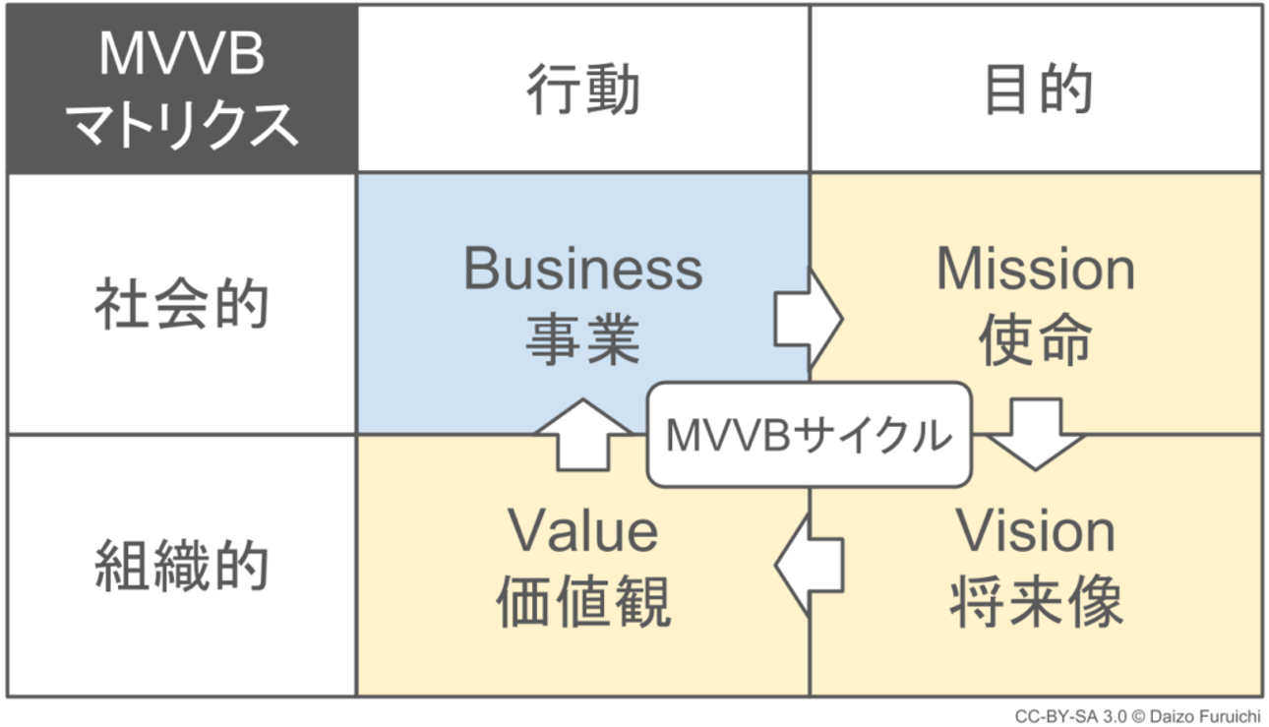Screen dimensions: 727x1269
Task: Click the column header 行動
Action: [583, 91]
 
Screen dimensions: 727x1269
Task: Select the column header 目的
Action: [1037, 91]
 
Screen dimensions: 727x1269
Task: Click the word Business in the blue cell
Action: [583, 269]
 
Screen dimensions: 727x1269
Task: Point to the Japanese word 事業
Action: [583, 339]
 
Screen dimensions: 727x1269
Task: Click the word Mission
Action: [1036, 269]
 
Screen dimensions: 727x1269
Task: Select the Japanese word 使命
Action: [1036, 339]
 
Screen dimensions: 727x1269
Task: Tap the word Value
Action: [583, 531]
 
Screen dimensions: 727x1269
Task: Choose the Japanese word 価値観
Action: [583, 601]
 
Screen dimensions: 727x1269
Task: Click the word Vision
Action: [1036, 531]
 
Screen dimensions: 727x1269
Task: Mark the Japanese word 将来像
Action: [1036, 601]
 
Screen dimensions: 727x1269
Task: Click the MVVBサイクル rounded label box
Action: [809, 435]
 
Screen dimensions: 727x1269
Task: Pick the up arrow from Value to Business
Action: [583, 434]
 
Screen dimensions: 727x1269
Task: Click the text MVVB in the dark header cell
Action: [182, 56]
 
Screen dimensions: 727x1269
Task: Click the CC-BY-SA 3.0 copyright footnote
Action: [1137, 716]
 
